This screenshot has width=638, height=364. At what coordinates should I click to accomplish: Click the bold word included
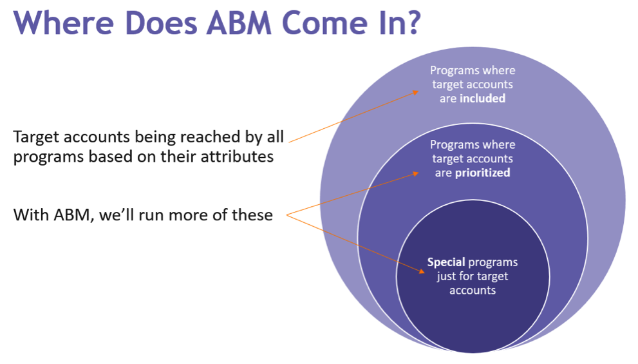[x=482, y=99]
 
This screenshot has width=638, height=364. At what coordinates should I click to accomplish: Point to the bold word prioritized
[x=482, y=173]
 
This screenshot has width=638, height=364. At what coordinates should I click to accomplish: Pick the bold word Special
[x=446, y=262]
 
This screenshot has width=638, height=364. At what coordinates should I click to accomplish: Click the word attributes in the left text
[x=238, y=157]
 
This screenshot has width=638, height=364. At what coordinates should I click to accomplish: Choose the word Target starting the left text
[x=36, y=137]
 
